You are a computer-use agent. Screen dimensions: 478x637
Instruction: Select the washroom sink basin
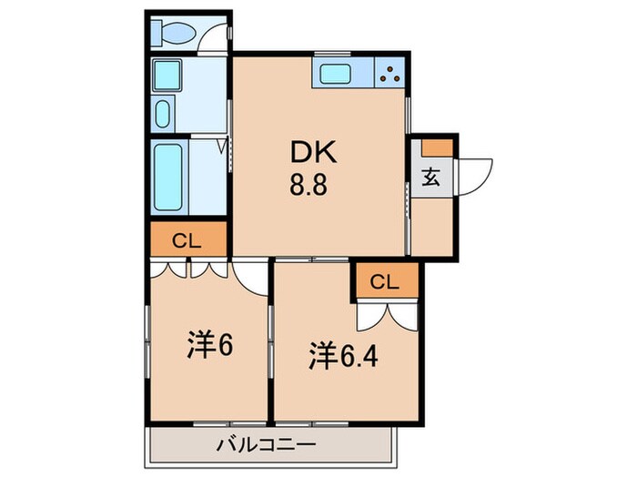[163, 115]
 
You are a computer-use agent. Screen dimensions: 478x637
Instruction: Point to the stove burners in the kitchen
[390, 74]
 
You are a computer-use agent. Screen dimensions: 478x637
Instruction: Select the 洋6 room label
[208, 345]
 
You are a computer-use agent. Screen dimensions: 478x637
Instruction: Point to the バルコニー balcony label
[268, 446]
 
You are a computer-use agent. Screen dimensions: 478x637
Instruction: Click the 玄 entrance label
[430, 178]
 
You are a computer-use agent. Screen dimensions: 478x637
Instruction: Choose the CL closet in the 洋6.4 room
[385, 281]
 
